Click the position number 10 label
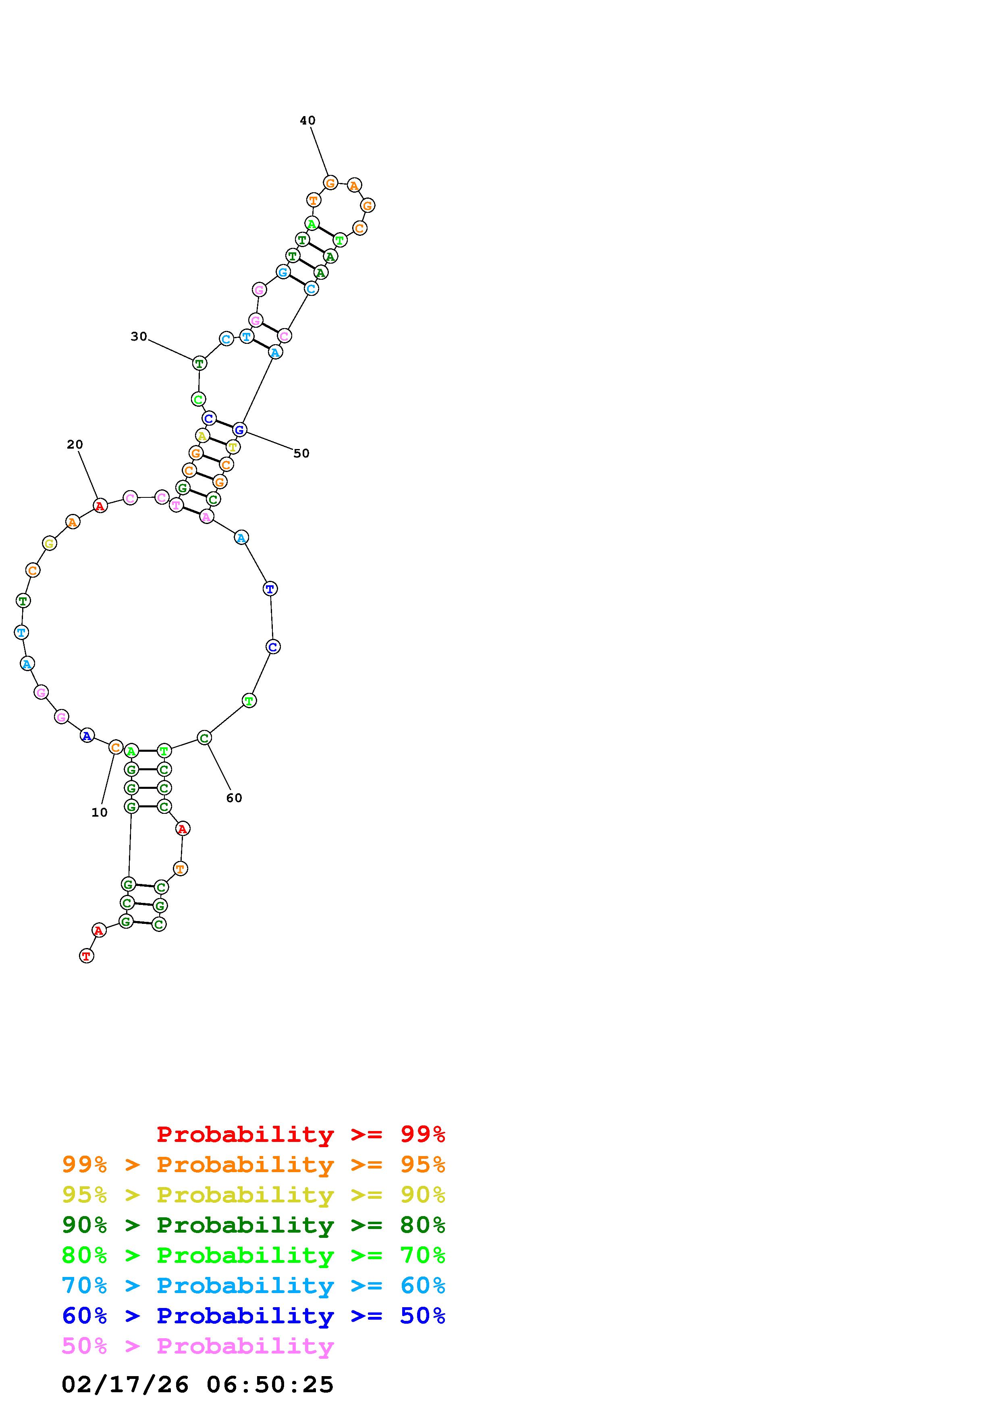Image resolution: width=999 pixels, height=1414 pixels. pos(99,812)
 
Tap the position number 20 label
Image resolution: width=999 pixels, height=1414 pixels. pos(75,444)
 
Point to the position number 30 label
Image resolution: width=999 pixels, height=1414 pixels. pos(139,336)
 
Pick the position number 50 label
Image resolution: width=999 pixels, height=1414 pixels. pos(301,453)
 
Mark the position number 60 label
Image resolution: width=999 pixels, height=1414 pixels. pos(234,798)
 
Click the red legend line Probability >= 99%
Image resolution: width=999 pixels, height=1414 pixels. pos(301,1134)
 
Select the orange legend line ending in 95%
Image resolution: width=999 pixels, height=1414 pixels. pos(253,1164)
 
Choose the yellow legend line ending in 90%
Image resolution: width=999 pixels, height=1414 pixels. pos(253,1195)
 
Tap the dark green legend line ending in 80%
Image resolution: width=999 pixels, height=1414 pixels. pos(253,1225)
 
